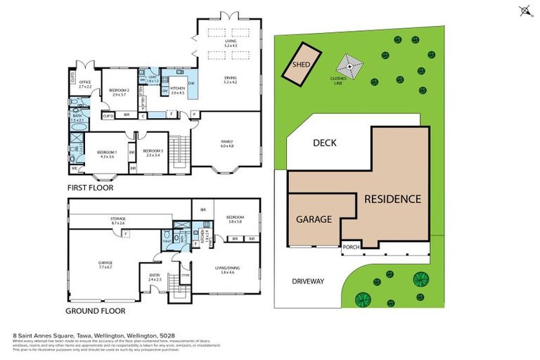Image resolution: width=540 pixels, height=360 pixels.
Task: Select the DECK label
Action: point(326,143)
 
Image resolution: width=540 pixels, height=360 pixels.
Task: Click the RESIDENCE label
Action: point(392,199)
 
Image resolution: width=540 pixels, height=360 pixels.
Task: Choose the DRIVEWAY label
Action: point(308,281)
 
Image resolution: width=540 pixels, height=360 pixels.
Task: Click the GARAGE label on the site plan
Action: point(313,219)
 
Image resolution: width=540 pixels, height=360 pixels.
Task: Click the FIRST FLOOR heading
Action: point(90,188)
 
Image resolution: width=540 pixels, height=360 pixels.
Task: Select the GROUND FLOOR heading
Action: point(96,310)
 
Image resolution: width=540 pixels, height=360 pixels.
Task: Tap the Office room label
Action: point(85,84)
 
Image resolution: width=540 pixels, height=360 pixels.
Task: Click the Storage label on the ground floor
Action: point(117,221)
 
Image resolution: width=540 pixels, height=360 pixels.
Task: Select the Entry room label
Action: point(155,277)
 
